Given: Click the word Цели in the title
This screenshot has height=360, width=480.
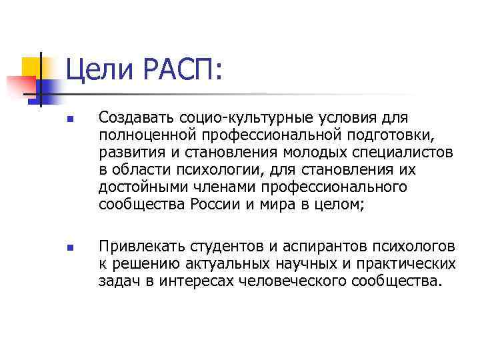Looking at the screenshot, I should click(95, 69).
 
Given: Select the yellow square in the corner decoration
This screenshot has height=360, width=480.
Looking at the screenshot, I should click(33, 67).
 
